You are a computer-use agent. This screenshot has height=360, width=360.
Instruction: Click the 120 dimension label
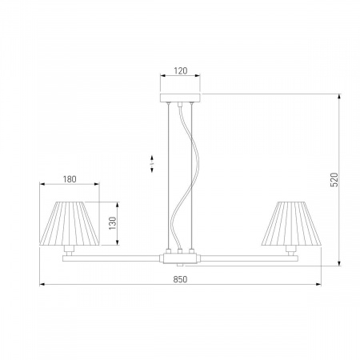[x=181, y=70]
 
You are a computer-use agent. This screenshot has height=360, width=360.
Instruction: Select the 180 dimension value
[x=70, y=179]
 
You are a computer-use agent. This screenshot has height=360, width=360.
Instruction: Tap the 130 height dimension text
[x=113, y=223]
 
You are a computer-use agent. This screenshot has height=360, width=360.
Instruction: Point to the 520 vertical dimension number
[x=334, y=180]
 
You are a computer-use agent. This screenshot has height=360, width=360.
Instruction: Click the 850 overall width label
[x=180, y=279]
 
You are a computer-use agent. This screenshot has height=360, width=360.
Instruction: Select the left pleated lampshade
[x=70, y=223]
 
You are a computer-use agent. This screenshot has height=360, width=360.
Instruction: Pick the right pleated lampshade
[x=291, y=223]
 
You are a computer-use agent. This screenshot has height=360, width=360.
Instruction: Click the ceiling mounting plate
[x=180, y=98]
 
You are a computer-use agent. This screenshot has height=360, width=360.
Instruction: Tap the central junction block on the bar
[x=180, y=258]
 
